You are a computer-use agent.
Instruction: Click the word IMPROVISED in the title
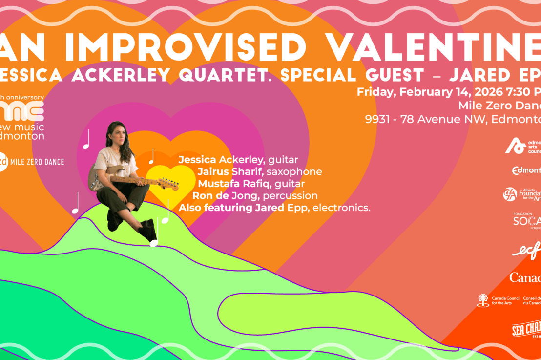click(x=186, y=47)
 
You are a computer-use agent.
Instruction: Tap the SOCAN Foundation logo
click(x=527, y=221)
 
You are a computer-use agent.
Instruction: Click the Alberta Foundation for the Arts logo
click(x=522, y=194)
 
